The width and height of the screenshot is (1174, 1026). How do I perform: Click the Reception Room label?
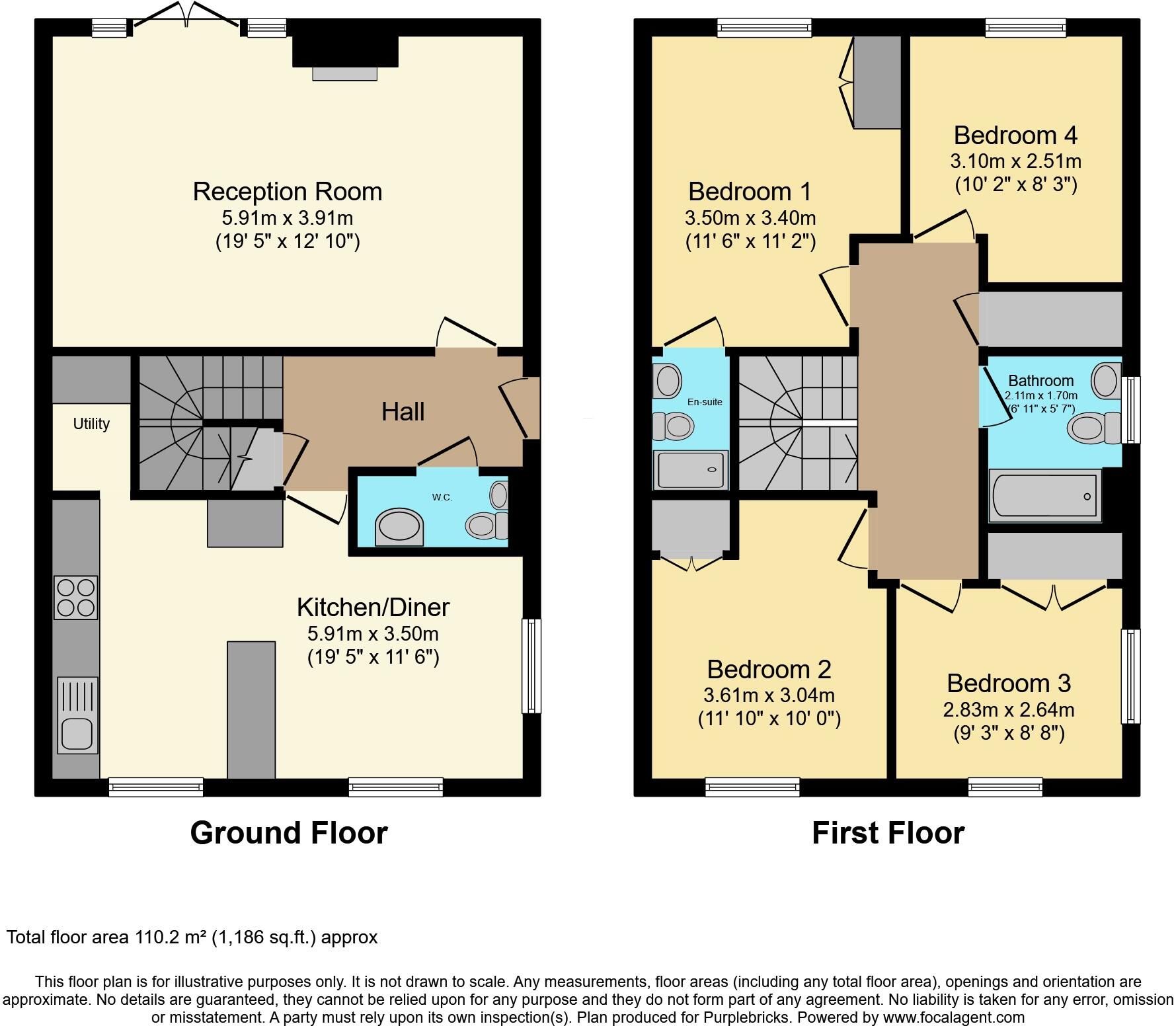coord(288,192)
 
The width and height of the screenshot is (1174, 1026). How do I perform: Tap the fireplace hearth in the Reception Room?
coord(344,73)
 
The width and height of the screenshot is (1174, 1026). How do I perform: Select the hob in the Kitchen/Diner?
coord(76,597)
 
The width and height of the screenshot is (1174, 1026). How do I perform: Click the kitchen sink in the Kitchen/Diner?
coord(77,715)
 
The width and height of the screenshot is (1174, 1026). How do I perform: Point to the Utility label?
coord(91,424)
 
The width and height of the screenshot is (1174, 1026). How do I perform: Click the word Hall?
coord(403,412)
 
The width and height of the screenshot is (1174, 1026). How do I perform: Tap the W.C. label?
coord(442,497)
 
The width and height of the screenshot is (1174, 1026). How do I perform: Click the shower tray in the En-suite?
coord(690,470)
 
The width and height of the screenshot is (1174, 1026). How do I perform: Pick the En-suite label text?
coord(705,402)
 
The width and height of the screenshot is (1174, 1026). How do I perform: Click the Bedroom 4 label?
coord(1015,136)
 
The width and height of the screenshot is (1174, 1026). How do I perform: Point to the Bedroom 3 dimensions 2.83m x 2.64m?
coord(1009,710)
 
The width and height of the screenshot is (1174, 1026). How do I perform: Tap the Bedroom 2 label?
coord(769,670)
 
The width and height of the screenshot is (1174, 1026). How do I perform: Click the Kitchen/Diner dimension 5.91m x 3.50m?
coord(373,634)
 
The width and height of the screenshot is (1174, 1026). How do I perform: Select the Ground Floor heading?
coord(289,833)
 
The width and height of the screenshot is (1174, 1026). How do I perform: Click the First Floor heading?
coord(888,833)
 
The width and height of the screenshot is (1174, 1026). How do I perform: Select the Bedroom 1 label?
coord(750,192)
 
